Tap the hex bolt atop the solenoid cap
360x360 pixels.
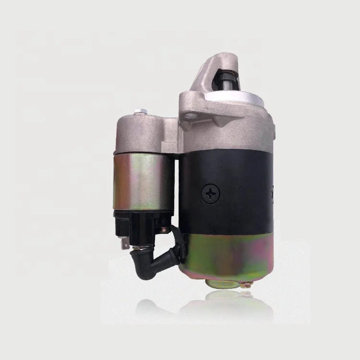click(140, 113)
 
